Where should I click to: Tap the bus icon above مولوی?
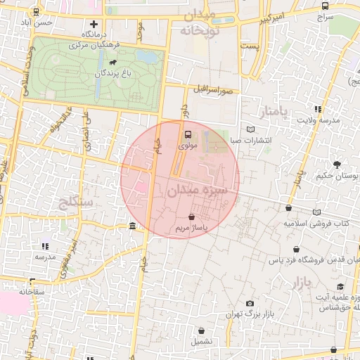188,134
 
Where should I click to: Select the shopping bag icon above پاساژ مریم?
192,217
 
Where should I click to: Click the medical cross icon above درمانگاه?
93,24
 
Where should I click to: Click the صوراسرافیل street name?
214,91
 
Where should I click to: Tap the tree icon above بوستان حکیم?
337,164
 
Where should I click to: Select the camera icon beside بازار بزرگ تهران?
250,303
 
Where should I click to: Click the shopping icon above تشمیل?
202,330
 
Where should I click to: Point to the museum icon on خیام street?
133,226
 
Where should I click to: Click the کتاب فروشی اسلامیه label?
316,222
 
